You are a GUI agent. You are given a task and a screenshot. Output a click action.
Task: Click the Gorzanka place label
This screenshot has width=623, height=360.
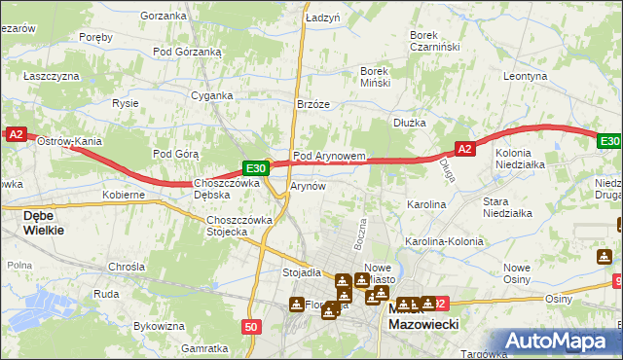163,16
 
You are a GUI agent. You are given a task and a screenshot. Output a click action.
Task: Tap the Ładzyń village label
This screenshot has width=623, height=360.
321,18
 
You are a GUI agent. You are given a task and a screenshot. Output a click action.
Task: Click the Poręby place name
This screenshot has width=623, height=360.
96,37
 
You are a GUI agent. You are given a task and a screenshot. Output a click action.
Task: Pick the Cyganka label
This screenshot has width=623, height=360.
211,95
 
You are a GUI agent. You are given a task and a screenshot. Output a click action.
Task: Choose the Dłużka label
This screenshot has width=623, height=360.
411,123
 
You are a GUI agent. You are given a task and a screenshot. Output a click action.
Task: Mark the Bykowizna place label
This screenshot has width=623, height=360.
159,326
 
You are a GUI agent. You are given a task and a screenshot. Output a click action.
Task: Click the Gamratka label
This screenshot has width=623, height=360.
204,347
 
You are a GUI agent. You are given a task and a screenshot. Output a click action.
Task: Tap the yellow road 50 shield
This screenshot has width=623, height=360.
251,328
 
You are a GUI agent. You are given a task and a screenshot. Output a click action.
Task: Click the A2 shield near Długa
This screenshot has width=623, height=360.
464,149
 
